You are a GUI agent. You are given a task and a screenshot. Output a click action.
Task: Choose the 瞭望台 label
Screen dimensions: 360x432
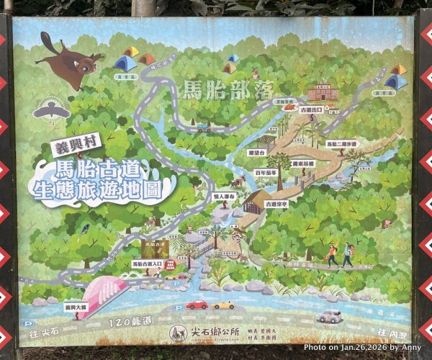pos(257,153)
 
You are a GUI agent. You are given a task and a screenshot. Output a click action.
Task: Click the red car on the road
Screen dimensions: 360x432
pos(197,305)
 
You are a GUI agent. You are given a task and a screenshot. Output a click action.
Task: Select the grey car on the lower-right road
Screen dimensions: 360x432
pos(330,316)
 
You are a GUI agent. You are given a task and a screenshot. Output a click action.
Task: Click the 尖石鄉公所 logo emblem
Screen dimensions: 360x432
pos(176,333)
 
